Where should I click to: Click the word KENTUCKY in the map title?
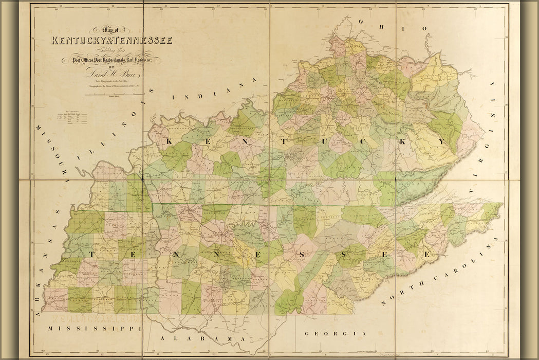(81, 41)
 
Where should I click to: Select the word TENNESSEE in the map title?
(144, 41)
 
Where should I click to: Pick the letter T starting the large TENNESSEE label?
(90, 254)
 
